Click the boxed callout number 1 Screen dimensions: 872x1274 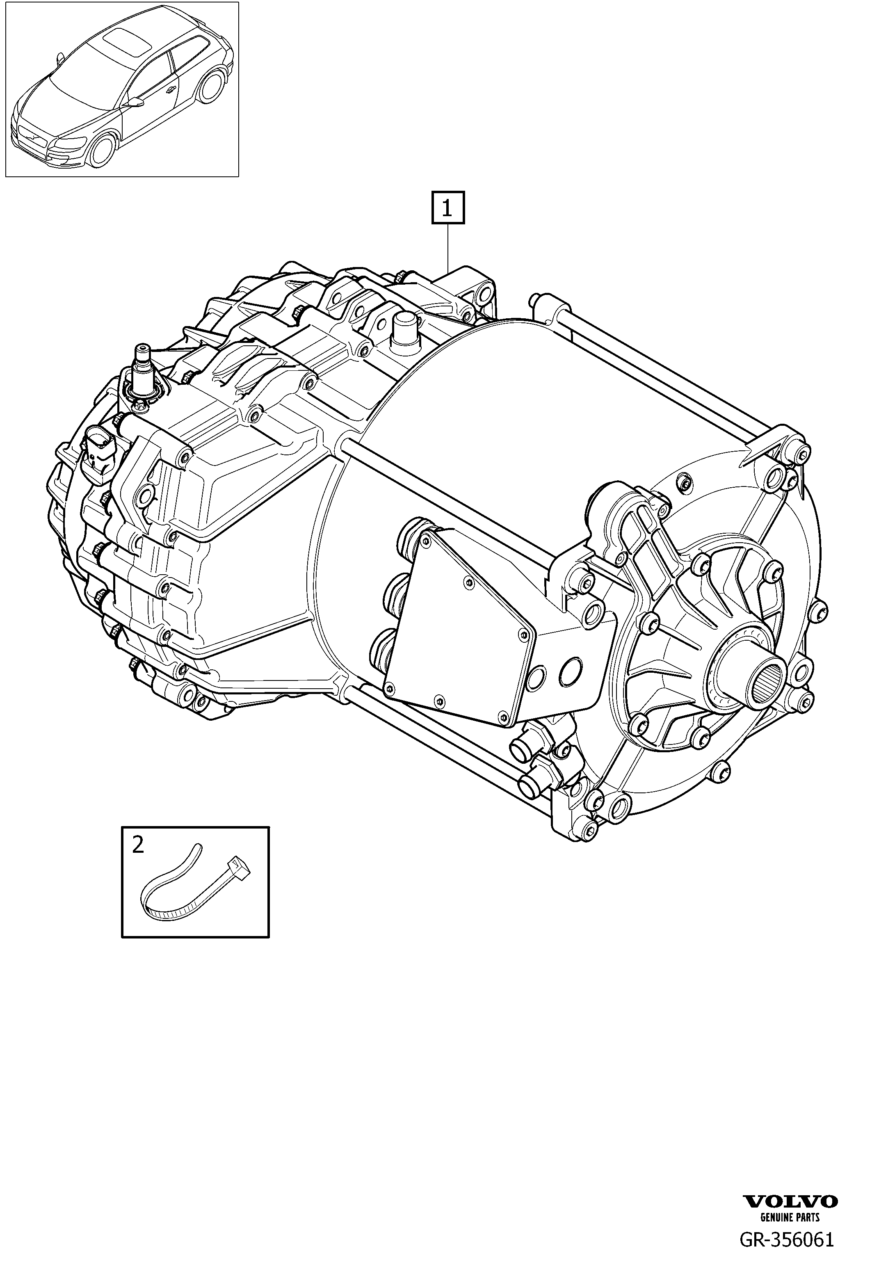(448, 208)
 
